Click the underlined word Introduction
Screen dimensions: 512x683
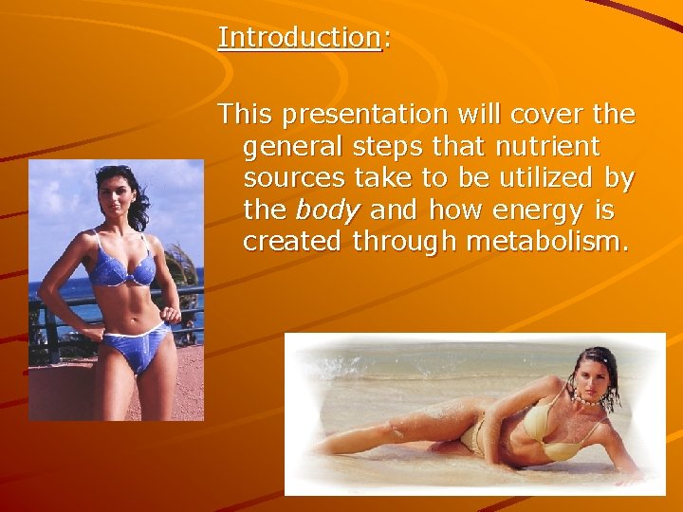pos(299,38)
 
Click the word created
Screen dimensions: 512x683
pos(293,242)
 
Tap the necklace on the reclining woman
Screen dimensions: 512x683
pos(586,401)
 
